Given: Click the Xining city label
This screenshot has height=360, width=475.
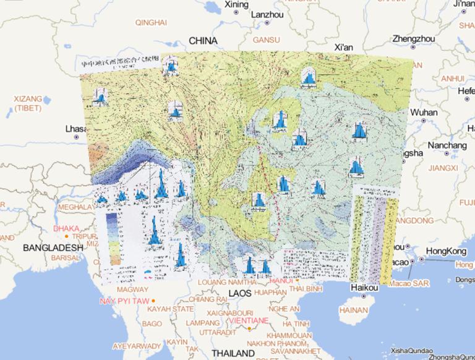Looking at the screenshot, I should click(236, 5).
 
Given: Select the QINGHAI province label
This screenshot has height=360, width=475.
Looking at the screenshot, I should click(150, 23).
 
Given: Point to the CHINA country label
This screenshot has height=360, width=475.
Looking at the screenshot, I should click(203, 41).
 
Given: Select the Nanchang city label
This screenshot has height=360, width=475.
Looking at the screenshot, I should click(445, 145).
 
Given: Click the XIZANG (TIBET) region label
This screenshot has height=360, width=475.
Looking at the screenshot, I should click(28, 103).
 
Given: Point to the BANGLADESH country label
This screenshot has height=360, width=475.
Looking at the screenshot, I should click(52, 247).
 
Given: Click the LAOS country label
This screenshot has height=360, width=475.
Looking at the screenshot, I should click(241, 292).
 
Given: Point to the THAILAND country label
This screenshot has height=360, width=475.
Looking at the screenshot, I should click(233, 353).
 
